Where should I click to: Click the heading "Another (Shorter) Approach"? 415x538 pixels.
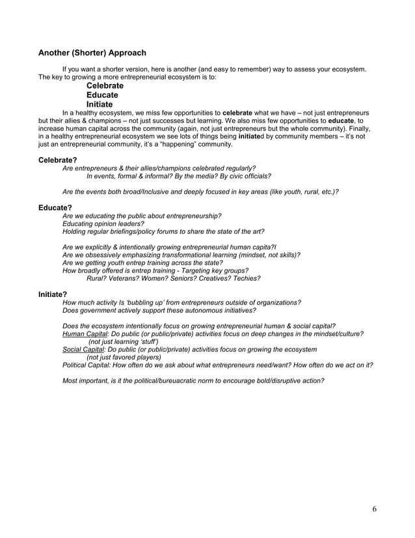(x=92, y=53)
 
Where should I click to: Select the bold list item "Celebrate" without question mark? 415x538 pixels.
(x=105, y=86)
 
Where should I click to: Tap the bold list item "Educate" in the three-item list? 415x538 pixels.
(x=102, y=95)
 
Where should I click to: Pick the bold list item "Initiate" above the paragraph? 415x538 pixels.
(x=100, y=104)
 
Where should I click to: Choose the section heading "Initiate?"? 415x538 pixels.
(x=53, y=294)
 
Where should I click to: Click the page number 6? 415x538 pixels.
(x=374, y=509)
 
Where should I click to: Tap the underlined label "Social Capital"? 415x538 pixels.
(x=85, y=349)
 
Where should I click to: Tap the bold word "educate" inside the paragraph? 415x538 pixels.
(x=341, y=120)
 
